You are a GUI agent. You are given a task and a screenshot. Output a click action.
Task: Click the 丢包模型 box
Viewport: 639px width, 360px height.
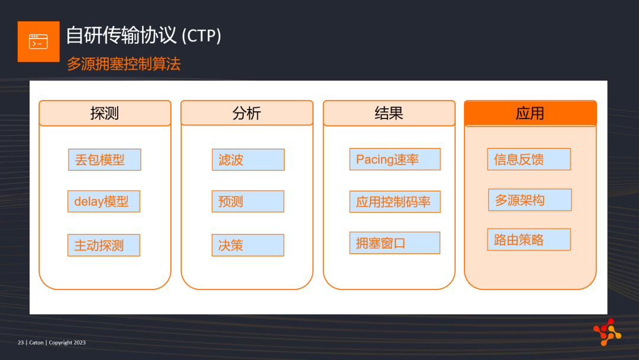[x=104, y=159]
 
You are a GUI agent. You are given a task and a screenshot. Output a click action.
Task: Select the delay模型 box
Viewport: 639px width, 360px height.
[x=104, y=201]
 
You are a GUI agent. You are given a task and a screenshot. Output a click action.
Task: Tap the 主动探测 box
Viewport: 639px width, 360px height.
[x=104, y=245]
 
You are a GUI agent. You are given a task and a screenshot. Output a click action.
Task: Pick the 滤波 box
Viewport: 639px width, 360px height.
[x=248, y=159]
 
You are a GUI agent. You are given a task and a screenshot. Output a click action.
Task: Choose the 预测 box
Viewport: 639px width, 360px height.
[x=248, y=201]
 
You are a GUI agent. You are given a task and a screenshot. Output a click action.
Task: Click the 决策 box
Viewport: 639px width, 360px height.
[x=248, y=245]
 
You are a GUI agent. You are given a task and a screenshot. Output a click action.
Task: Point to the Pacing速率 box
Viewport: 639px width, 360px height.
[x=395, y=159]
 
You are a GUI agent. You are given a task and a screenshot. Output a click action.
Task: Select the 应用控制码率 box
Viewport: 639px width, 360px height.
[x=395, y=201]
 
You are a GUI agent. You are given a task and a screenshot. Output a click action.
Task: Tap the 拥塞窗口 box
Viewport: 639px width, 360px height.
[x=395, y=243]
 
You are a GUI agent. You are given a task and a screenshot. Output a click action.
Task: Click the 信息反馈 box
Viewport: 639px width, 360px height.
[x=529, y=159]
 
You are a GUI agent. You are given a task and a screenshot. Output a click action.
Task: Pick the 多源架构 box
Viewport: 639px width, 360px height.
[x=530, y=200]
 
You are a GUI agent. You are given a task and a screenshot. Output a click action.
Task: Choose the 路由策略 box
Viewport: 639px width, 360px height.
[x=529, y=239]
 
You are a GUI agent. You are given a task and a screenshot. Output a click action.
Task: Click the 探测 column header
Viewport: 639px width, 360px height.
[x=105, y=113]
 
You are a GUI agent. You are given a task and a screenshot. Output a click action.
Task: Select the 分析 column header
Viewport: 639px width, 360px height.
[x=247, y=113]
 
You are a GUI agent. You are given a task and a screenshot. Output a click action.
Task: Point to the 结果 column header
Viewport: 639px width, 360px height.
[x=389, y=113]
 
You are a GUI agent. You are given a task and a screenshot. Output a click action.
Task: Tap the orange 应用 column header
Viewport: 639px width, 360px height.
[x=531, y=113]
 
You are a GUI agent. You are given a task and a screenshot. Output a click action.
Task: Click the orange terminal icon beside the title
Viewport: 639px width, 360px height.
[x=38, y=41]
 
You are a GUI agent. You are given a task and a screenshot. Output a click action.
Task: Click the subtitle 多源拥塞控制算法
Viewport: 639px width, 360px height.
[x=124, y=64]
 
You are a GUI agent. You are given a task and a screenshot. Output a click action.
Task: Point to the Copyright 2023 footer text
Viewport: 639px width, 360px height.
[x=67, y=342]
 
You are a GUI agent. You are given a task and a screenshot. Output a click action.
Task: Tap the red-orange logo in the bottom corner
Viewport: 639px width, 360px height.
[x=607, y=332]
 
